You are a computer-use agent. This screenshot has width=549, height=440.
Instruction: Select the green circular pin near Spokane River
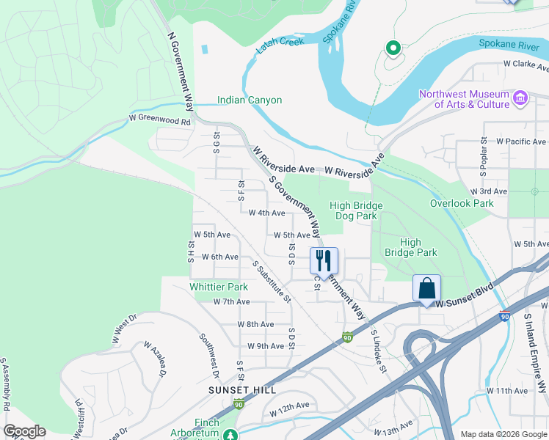393,49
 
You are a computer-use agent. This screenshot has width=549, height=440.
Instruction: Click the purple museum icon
520,98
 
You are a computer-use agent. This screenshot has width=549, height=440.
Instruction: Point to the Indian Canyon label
250,100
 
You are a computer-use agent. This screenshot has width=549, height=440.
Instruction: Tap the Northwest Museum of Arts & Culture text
464,99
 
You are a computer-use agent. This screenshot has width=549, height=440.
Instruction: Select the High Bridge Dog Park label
356,211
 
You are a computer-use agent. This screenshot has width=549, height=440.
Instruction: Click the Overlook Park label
462,203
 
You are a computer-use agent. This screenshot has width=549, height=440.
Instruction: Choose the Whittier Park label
219,287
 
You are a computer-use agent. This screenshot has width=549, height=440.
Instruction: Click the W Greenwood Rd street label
160,117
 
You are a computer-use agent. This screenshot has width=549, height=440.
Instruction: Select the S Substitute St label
272,282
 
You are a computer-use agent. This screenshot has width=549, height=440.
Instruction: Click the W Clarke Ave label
526,64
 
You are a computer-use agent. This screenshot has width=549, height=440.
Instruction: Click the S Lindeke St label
378,351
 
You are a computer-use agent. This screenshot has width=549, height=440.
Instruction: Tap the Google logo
24,431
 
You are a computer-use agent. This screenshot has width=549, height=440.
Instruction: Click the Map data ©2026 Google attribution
503,433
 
